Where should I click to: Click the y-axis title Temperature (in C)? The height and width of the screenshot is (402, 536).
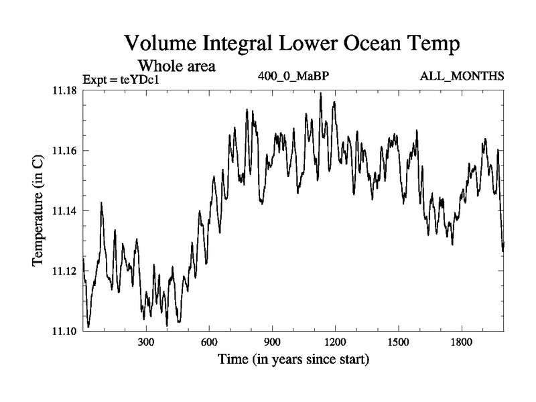[38, 210]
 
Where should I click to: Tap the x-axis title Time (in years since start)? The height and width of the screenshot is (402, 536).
[293, 360]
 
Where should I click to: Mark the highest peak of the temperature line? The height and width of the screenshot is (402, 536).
[321, 94]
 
